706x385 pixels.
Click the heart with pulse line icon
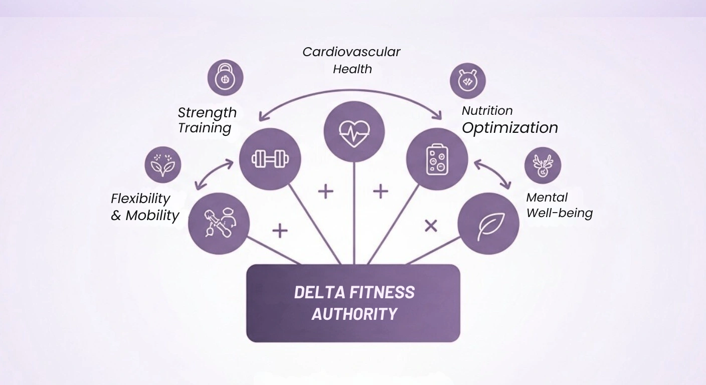tap(354, 132)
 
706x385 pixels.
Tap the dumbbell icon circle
tap(270, 159)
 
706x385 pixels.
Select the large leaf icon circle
tap(488, 224)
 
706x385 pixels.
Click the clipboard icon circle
tap(437, 159)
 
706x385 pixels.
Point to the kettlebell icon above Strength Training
tap(225, 78)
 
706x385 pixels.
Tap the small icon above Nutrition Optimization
tap(467, 80)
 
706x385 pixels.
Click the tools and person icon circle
tap(219, 223)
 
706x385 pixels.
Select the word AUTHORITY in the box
tap(354, 314)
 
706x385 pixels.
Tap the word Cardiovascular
tap(351, 52)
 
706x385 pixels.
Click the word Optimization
tap(509, 128)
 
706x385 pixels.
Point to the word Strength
tap(207, 112)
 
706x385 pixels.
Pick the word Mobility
tap(152, 216)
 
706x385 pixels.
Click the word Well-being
tap(559, 213)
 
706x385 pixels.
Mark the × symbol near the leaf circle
tap(431, 226)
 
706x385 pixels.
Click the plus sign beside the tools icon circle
tap(280, 231)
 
